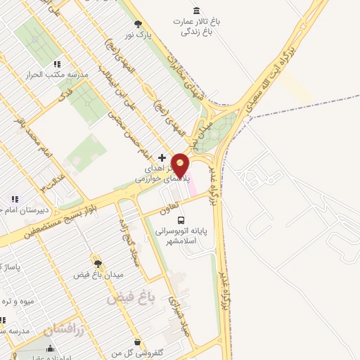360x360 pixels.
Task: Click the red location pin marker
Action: [181, 166]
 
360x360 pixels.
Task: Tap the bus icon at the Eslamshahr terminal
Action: [182, 220]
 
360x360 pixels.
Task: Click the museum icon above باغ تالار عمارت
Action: [195, 11]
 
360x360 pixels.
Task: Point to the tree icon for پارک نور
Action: [138, 23]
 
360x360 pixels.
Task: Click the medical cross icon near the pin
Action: [162, 157]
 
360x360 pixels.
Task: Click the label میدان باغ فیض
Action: [99, 275]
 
